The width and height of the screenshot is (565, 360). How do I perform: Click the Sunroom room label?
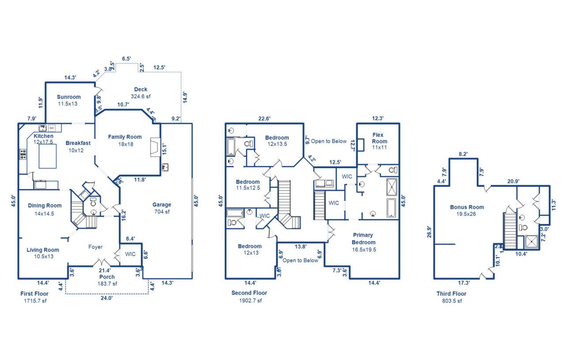(x=69, y=100)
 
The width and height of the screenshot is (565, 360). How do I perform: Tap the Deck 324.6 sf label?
(x=141, y=92)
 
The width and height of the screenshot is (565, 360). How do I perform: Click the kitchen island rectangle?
(x=48, y=156)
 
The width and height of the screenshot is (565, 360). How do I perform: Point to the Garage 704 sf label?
(x=162, y=208)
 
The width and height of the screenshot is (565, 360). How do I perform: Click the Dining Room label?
(x=45, y=208)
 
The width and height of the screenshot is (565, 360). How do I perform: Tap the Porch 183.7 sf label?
(x=107, y=280)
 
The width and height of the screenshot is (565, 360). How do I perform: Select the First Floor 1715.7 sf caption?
(x=35, y=297)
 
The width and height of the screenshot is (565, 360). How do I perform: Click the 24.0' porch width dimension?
(x=106, y=298)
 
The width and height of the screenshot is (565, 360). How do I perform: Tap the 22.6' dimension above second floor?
(x=264, y=118)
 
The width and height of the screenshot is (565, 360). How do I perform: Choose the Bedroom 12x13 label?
(x=249, y=249)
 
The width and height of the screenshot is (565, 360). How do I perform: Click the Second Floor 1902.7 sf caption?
(x=249, y=296)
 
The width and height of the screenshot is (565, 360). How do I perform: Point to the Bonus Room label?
(x=467, y=210)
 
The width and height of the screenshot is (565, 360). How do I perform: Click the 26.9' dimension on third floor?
(x=429, y=233)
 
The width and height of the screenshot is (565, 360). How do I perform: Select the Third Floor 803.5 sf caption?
(x=451, y=297)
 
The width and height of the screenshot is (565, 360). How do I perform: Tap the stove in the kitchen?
(x=23, y=155)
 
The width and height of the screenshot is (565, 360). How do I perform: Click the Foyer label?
(x=95, y=247)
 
